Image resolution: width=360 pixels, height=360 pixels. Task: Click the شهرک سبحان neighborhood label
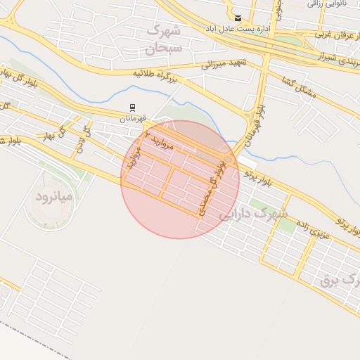pos(163,39)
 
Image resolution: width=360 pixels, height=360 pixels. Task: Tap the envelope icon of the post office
pos(238,18)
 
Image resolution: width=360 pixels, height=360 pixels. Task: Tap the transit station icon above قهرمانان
pos(131,108)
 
